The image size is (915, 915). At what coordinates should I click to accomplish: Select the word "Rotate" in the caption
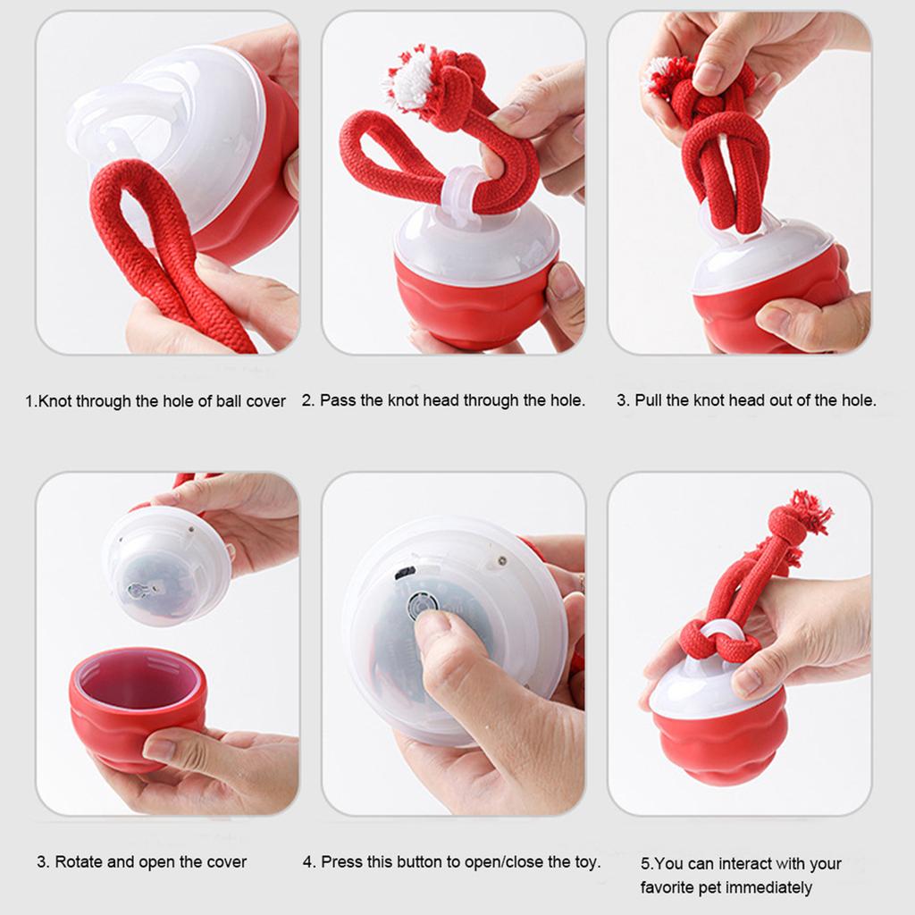pyautogui.click(x=79, y=862)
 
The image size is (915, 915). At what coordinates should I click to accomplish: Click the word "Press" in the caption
pyautogui.click(x=340, y=862)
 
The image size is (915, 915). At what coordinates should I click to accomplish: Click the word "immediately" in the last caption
pyautogui.click(x=768, y=887)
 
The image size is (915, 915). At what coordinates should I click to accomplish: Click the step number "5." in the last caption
pyautogui.click(x=648, y=863)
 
